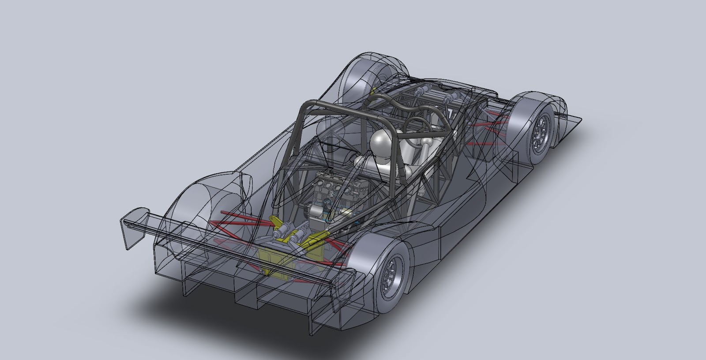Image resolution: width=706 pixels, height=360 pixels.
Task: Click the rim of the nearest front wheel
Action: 541,130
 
